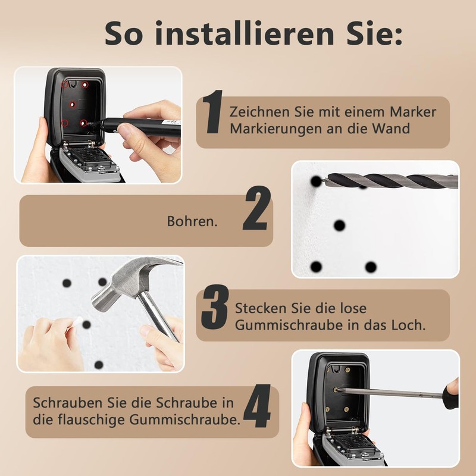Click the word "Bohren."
(192, 221)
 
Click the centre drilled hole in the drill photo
(339, 226)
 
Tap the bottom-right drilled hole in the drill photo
(371, 267)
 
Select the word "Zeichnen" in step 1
(256, 112)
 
